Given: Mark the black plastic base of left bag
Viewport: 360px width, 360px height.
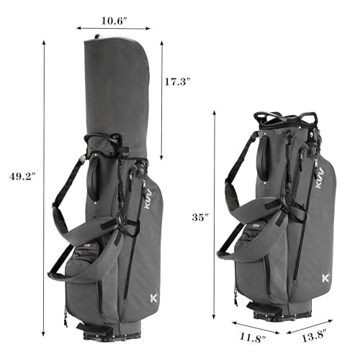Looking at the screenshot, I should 115,332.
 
